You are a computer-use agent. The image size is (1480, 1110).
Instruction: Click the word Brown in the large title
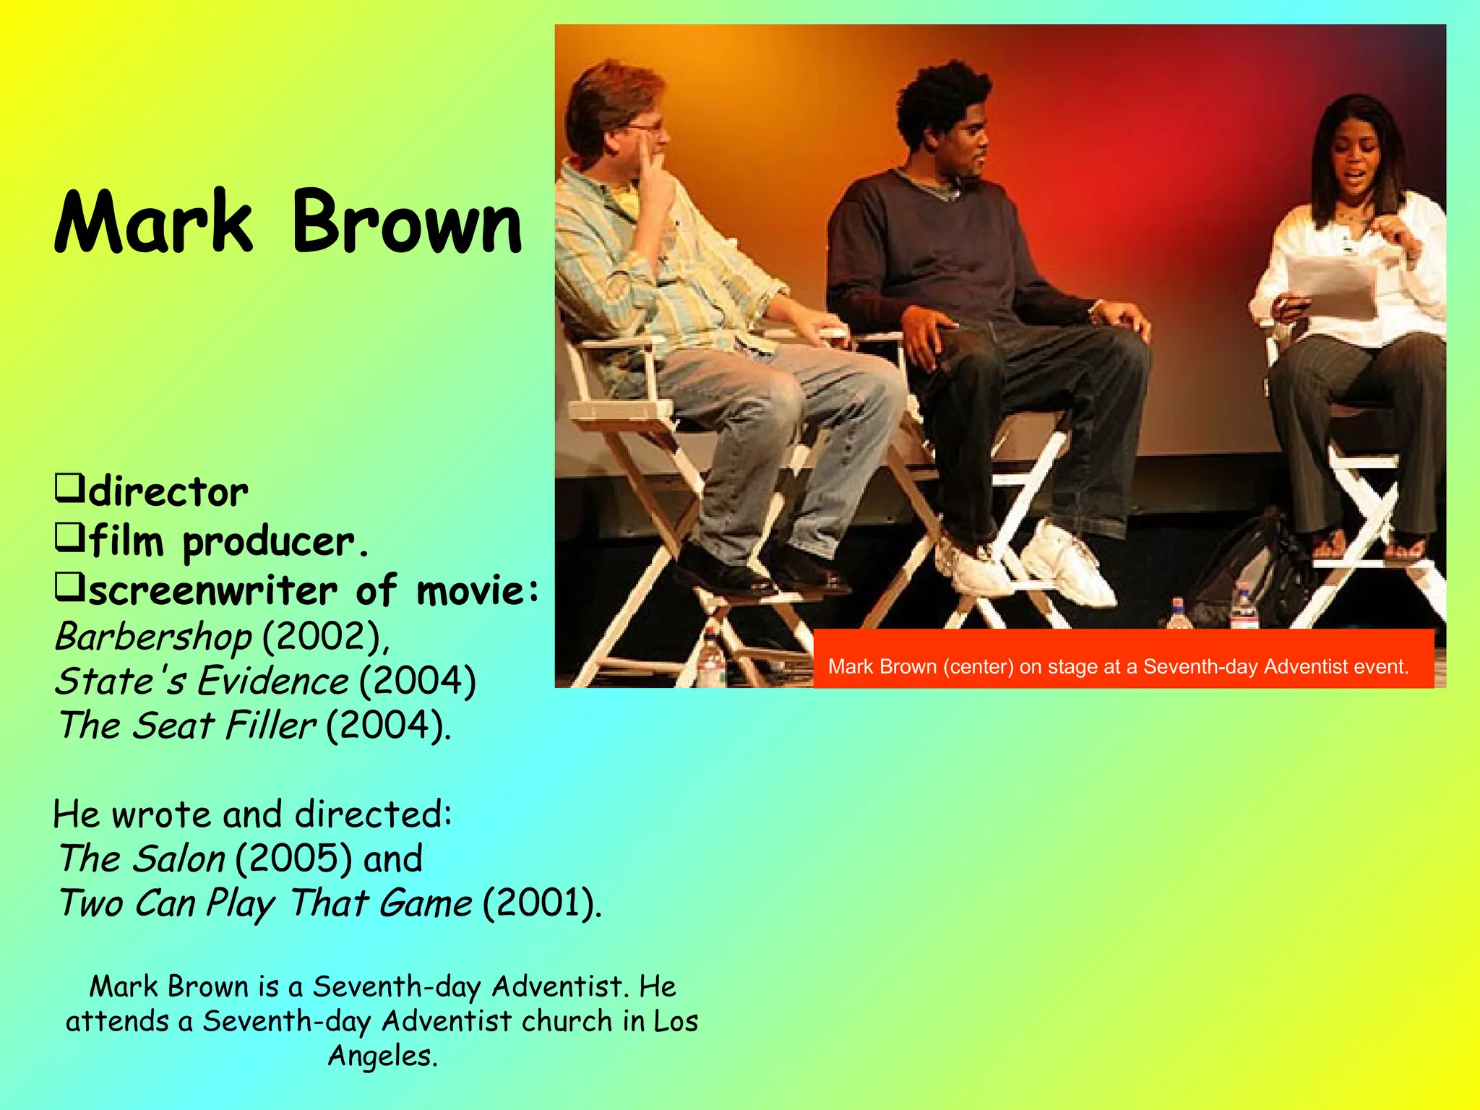[406, 223]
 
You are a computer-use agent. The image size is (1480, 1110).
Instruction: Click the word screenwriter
[213, 590]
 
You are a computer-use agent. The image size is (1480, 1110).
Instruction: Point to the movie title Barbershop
[153, 637]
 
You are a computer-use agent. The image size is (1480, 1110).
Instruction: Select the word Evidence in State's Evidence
[274, 681]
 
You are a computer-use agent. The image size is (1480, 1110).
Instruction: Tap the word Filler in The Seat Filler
[270, 726]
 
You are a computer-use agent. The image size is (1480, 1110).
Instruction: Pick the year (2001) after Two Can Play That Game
[541, 903]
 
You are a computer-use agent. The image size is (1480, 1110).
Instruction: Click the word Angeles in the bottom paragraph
[382, 1056]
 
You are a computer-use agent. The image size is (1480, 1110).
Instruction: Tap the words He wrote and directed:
[253, 814]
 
